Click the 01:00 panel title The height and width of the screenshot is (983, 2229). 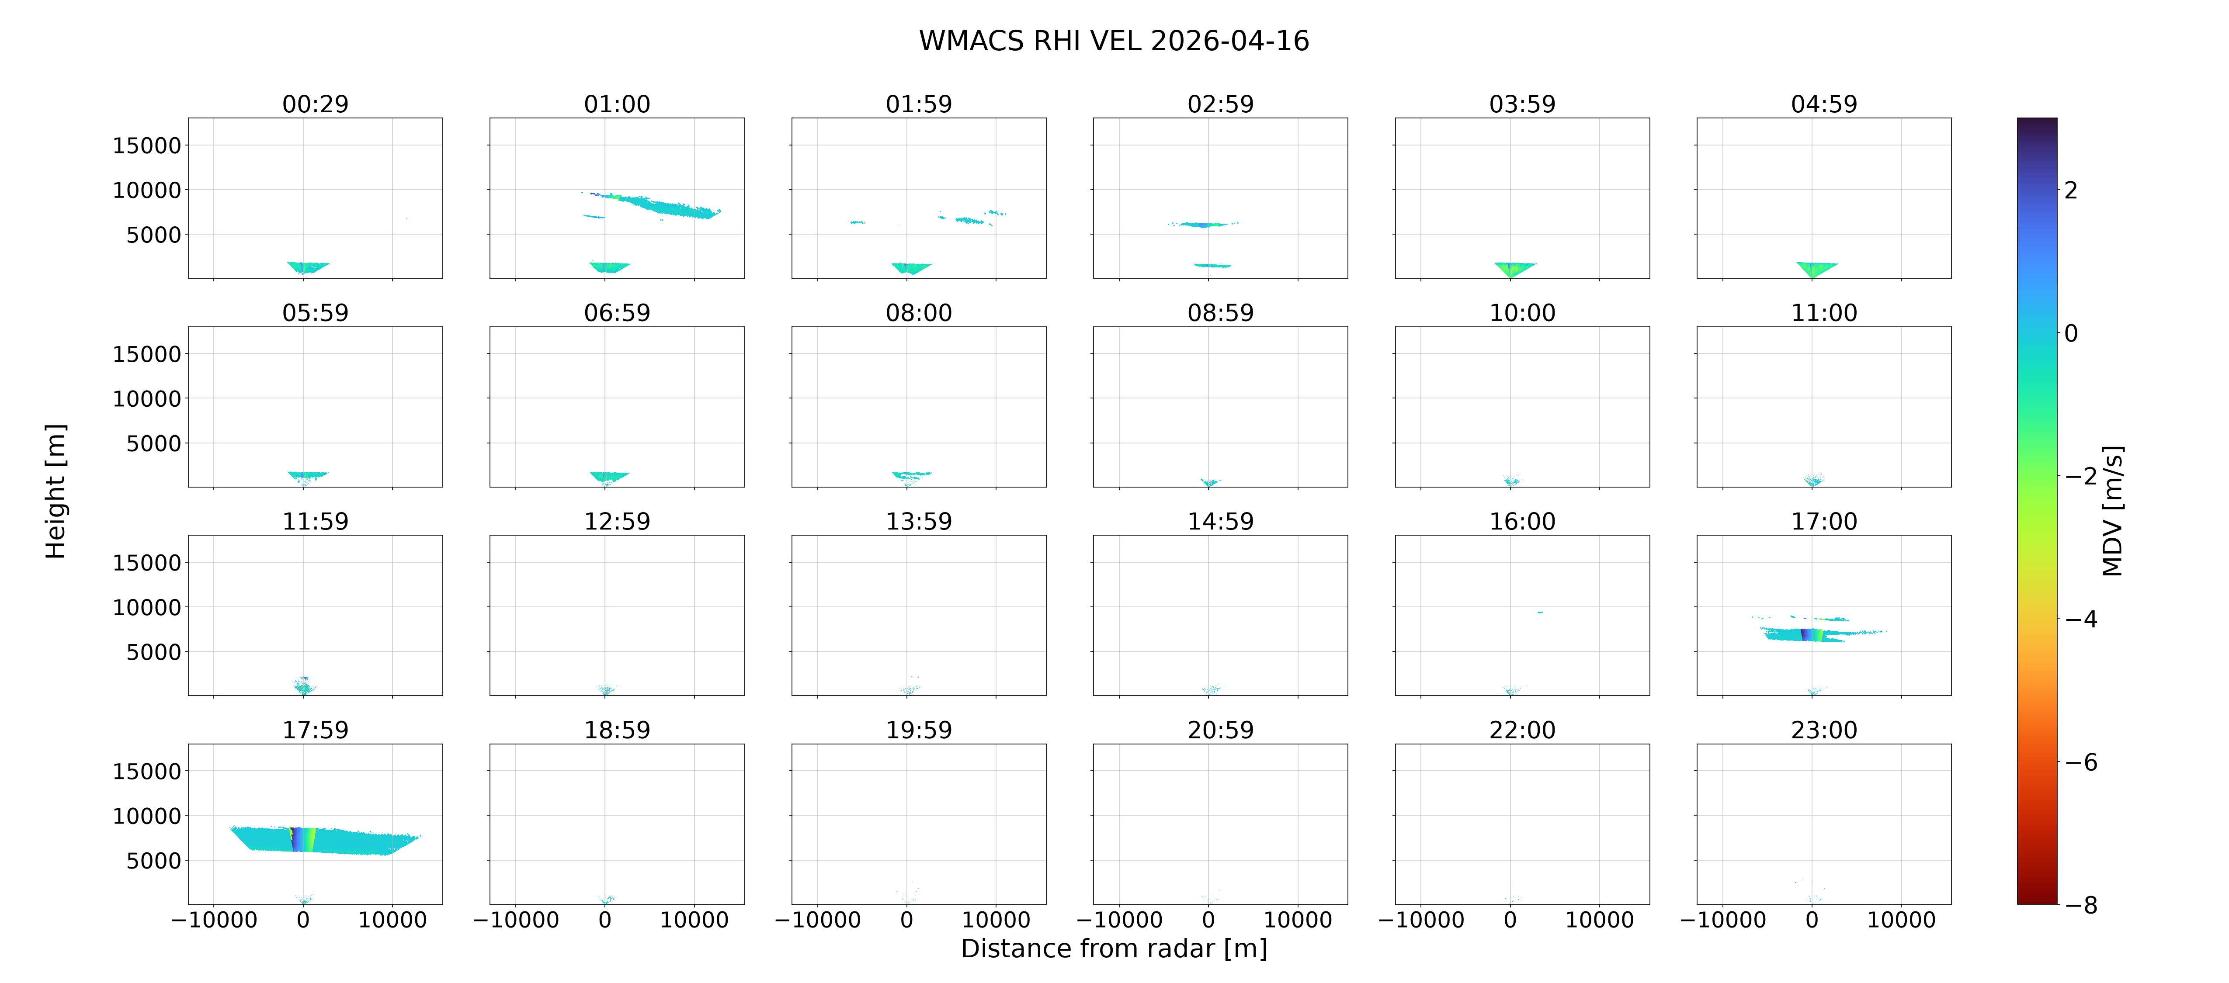[x=617, y=104]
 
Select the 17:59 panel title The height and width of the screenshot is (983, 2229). [x=315, y=730]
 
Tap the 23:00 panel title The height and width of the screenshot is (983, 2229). [x=1824, y=730]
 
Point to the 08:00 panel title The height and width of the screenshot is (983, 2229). [x=919, y=312]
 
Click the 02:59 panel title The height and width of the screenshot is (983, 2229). [x=1220, y=104]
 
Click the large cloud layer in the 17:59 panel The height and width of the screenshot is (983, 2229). [x=324, y=839]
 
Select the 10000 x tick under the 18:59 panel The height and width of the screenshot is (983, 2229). [x=694, y=920]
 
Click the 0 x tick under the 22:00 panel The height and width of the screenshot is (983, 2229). [x=1510, y=920]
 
